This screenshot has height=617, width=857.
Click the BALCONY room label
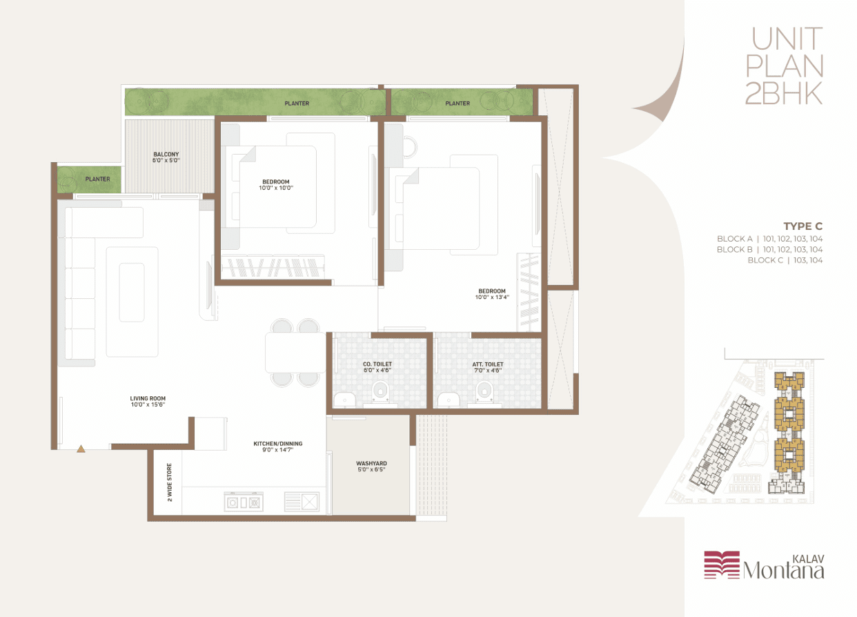pyautogui.click(x=166, y=155)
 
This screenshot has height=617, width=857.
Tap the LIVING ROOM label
pyautogui.click(x=148, y=398)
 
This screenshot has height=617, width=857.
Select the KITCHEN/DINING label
pyautogui.click(x=278, y=444)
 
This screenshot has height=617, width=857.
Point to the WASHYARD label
pyautogui.click(x=371, y=463)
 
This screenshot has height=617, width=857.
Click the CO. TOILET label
pyautogui.click(x=377, y=364)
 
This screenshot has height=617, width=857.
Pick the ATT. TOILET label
pyautogui.click(x=488, y=364)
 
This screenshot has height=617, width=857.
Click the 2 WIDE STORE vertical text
pyautogui.click(x=170, y=482)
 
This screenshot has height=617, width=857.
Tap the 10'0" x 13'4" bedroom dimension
pyautogui.click(x=492, y=297)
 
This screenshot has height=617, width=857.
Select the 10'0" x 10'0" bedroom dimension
pyautogui.click(x=276, y=188)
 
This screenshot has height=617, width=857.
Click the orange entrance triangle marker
pyautogui.click(x=81, y=449)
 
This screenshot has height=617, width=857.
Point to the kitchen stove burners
pyautogui.click(x=244, y=502)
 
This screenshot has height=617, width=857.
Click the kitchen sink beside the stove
pyautogui.click(x=302, y=502)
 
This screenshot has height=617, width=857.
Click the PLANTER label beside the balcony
pyautogui.click(x=97, y=179)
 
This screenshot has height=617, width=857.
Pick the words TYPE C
pyautogui.click(x=802, y=226)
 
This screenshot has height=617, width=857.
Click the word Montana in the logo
pyautogui.click(x=784, y=571)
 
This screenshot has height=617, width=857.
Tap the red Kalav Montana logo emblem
pyautogui.click(x=722, y=565)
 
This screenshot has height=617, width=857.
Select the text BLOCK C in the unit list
pyautogui.click(x=765, y=260)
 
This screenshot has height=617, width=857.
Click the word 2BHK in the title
pyautogui.click(x=785, y=94)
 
